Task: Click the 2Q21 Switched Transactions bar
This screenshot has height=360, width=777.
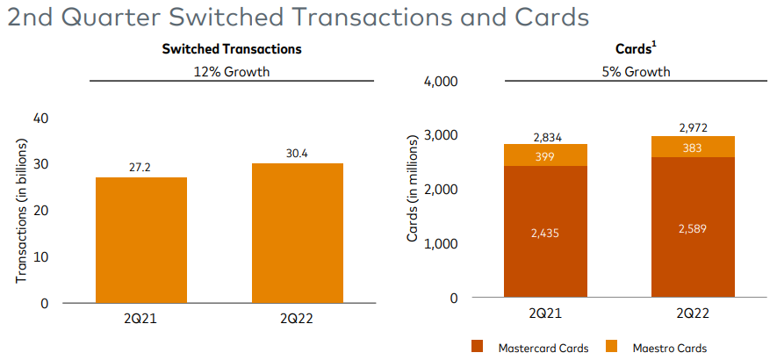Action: coord(140,240)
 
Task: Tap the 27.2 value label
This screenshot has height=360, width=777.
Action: coord(140,166)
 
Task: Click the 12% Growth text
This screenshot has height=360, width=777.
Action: coord(232,71)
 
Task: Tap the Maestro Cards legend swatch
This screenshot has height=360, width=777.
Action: coord(613,347)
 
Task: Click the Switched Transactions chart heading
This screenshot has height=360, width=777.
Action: coord(232,50)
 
